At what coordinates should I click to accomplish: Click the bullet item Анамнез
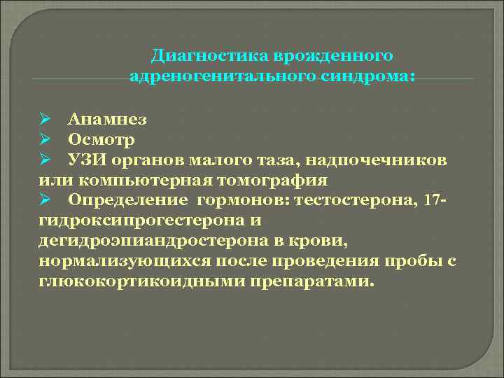(x=107, y=120)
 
